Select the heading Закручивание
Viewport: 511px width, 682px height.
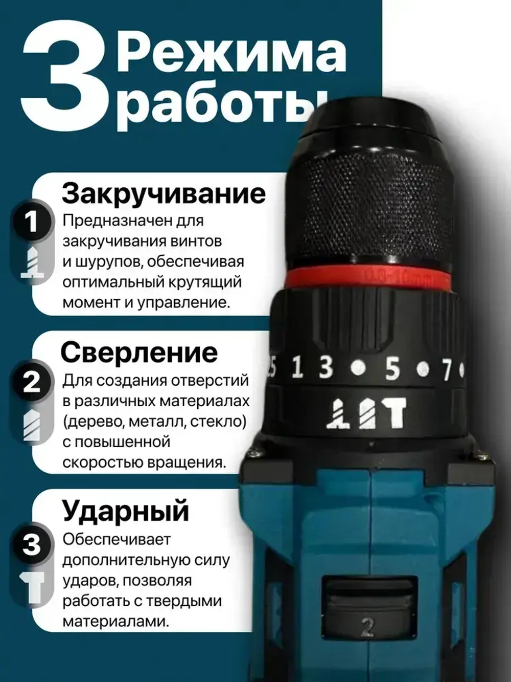coord(164,194)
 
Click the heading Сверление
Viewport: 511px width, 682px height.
coord(139,353)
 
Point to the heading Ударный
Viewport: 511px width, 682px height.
coord(126,511)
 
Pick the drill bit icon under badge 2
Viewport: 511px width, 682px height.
coord(32,425)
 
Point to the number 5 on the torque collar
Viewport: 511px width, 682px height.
coord(392,368)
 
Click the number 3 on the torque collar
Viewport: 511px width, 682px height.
coord(326,367)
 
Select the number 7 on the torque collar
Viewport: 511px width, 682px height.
coord(447,369)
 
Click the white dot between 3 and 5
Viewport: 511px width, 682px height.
coord(359,367)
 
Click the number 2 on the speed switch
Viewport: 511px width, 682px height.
coord(368,627)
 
